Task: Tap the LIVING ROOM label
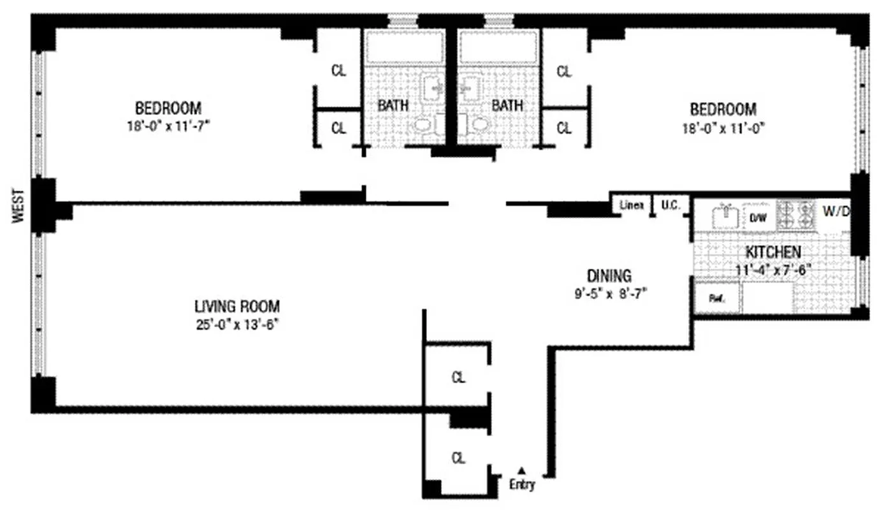pos(237,306)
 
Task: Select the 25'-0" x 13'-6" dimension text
pos(237,323)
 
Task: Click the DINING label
pos(609,276)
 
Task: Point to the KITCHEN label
pos(772,252)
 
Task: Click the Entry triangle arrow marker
pos(521,470)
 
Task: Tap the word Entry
pos(522,484)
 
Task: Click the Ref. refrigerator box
pos(716,298)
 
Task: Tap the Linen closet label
pos(631,206)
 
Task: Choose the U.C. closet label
pos(670,206)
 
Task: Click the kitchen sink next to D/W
pos(726,216)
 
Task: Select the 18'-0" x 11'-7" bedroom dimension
pos(168,126)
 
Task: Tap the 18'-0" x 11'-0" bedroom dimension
pos(723,127)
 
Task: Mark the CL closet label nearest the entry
pos(458,458)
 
